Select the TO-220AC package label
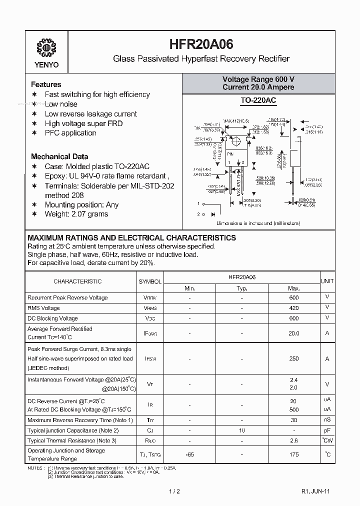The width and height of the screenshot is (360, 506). pyautogui.click(x=258, y=100)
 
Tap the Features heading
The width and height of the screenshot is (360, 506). pyautogui.click(x=46, y=84)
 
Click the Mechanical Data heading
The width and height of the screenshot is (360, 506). pyautogui.click(x=59, y=156)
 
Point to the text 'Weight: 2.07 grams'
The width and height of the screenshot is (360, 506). pyautogui.click(x=76, y=214)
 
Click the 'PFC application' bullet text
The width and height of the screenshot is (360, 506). pyautogui.click(x=70, y=133)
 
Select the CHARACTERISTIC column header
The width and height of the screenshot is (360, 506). pyautogui.click(x=77, y=281)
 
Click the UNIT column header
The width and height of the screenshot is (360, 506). pyautogui.click(x=327, y=281)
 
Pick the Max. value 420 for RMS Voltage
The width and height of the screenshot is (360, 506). pyautogui.click(x=294, y=308)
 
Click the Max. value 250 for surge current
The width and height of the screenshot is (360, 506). pyautogui.click(x=294, y=358)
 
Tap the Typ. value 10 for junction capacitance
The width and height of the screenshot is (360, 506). pyautogui.click(x=241, y=430)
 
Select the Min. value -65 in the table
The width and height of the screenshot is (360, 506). pyautogui.click(x=189, y=454)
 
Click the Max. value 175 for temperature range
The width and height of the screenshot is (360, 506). pyautogui.click(x=294, y=454)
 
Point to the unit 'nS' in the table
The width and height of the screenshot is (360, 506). pyautogui.click(x=327, y=420)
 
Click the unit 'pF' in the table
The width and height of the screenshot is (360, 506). pyautogui.click(x=327, y=430)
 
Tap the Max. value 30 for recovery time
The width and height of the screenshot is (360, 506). pyautogui.click(x=294, y=420)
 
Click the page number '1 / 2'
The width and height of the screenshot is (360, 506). pyautogui.click(x=174, y=491)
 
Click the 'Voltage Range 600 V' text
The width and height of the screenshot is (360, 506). pyautogui.click(x=258, y=79)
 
